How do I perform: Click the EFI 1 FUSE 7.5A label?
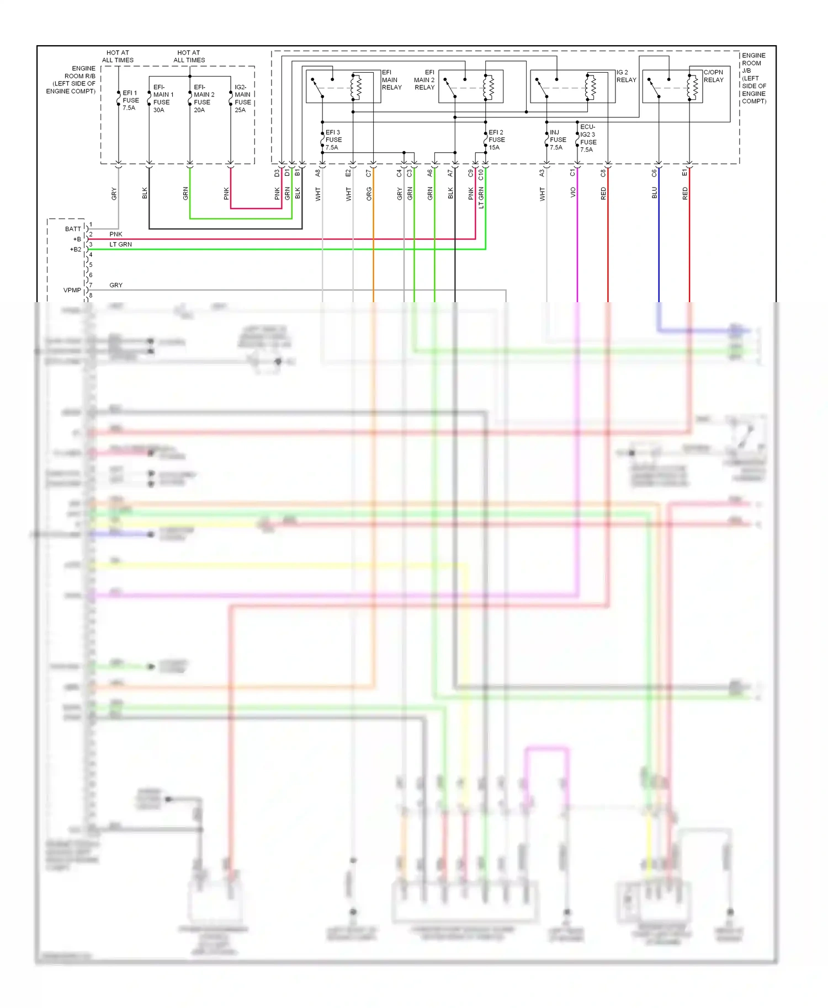(x=130, y=100)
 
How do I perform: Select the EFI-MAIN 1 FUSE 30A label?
(x=163, y=98)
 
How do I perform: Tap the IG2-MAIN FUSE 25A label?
(x=242, y=98)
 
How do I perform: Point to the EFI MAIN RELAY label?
(x=391, y=80)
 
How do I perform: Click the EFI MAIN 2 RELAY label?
(x=424, y=80)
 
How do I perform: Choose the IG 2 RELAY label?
(x=626, y=76)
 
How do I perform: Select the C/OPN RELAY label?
(x=713, y=76)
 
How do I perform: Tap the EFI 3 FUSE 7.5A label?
(x=333, y=140)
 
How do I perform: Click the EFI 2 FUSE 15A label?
(x=496, y=140)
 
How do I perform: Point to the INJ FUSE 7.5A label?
(x=558, y=140)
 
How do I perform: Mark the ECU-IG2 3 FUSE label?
(x=588, y=138)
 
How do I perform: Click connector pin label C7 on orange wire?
(x=369, y=173)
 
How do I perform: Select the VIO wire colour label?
(x=573, y=192)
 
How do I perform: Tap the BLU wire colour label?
(x=655, y=192)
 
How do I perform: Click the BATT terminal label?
(x=73, y=229)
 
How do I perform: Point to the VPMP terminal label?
(x=72, y=290)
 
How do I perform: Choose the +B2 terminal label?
(x=75, y=249)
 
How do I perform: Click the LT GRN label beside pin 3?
(x=120, y=244)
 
